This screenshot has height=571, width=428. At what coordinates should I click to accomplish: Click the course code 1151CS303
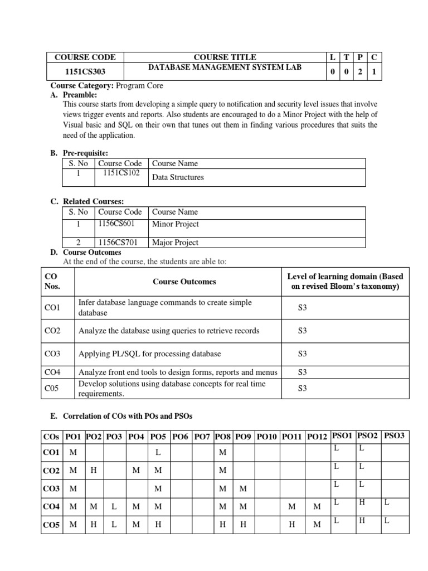[85, 72]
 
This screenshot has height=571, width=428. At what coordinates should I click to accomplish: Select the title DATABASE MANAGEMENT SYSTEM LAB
[225, 67]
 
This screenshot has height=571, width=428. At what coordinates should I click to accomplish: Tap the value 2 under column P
[360, 72]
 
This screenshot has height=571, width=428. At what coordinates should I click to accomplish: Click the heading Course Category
[82, 86]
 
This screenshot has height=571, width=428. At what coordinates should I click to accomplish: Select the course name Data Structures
[178, 177]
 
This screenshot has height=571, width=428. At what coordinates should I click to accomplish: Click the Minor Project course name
[175, 224]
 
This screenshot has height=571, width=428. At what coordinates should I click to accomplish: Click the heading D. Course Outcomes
[85, 253]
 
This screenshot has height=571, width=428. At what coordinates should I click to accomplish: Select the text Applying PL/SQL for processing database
[149, 354]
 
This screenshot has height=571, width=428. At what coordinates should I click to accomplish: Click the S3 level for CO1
[303, 307]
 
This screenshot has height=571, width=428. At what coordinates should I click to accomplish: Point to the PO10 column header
[267, 437]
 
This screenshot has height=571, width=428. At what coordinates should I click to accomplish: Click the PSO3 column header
[394, 436]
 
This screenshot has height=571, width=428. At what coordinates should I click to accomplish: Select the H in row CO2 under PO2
[94, 471]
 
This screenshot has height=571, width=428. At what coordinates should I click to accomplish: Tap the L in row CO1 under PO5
[158, 453]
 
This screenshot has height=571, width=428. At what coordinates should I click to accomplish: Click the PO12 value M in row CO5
[317, 524]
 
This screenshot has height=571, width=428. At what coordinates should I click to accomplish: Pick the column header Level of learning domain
[345, 282]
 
